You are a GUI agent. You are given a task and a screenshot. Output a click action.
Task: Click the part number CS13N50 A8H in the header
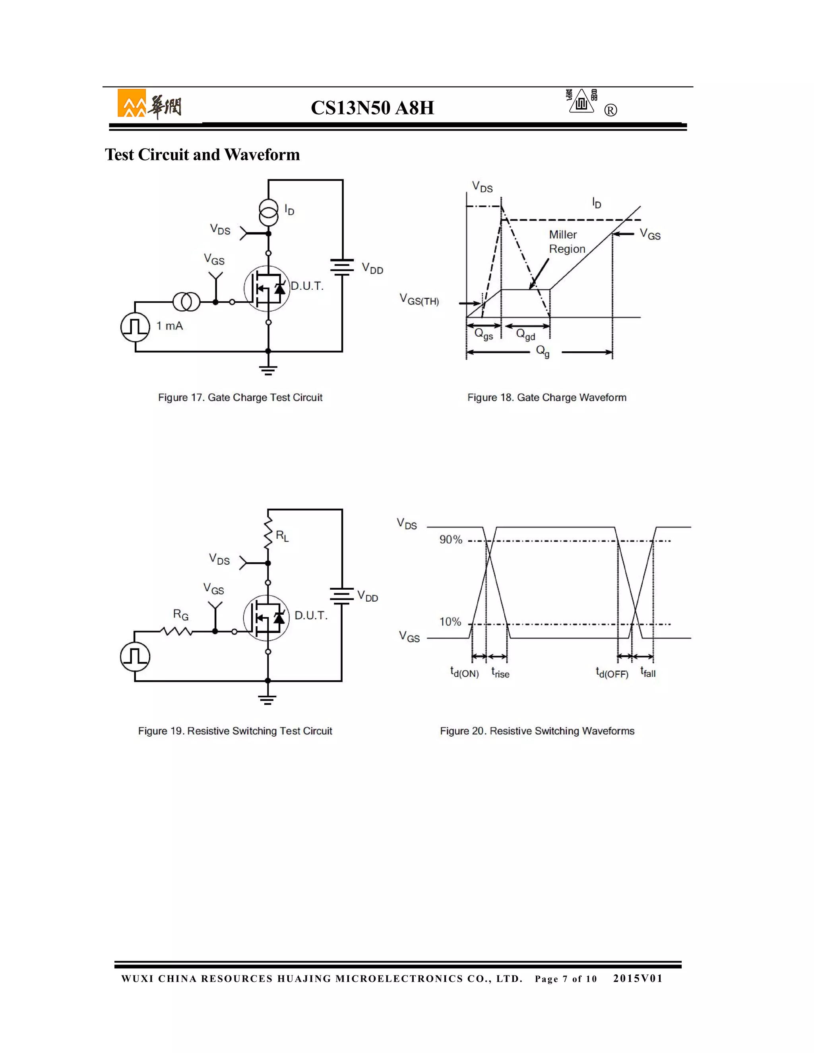point(372,108)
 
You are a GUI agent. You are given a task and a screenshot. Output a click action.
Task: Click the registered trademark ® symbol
point(610,110)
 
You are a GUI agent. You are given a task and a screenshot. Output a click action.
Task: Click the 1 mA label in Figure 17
point(169,326)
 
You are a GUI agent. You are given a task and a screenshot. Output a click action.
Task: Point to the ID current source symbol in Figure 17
point(269,212)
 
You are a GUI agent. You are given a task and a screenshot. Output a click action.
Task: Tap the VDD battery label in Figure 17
point(372,269)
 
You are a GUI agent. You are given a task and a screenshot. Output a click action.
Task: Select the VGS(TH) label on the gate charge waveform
point(419,300)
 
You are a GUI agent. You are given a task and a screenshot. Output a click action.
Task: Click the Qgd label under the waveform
point(525,334)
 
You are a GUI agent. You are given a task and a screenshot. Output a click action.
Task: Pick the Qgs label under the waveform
point(484,334)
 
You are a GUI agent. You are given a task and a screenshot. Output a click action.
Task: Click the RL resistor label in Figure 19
point(282,536)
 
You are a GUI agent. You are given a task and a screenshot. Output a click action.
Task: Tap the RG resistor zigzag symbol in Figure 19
point(176,631)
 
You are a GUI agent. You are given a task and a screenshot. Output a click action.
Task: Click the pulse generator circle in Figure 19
point(135,657)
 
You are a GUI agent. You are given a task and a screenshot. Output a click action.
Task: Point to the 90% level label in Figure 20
point(450,540)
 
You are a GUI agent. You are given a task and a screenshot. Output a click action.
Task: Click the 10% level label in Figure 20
point(450,622)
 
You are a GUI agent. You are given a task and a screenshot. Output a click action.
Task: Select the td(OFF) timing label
point(611,673)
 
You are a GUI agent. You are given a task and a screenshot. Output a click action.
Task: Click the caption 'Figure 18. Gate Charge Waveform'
point(547,397)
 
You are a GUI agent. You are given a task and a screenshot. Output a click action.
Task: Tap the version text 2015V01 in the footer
point(638,978)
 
